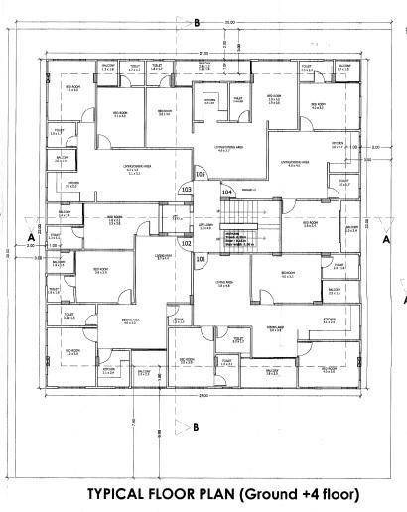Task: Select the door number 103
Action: click(186, 189)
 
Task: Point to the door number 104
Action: click(227, 192)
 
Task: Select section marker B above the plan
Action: click(197, 22)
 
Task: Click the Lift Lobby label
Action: click(206, 226)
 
